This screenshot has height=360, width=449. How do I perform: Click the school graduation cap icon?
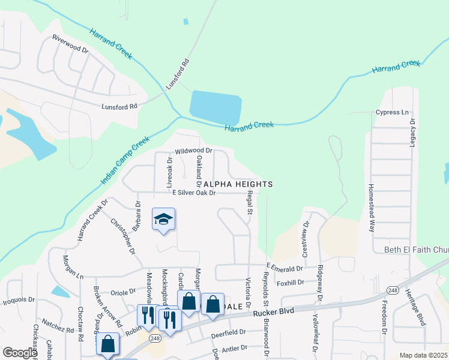click(163, 219)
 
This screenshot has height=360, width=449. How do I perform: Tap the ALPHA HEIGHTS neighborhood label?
click(238, 184)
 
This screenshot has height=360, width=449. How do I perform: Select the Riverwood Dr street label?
click(70, 45)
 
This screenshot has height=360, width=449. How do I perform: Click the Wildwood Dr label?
click(193, 151)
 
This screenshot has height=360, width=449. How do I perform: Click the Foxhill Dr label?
click(292, 281)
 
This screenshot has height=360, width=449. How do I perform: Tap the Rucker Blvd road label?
click(273, 313)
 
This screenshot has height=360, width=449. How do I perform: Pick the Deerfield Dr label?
click(228, 332)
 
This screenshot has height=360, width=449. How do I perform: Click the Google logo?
click(20, 352)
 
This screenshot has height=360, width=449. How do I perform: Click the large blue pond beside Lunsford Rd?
click(215, 107)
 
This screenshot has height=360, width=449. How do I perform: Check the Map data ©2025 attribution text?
click(423, 355)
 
